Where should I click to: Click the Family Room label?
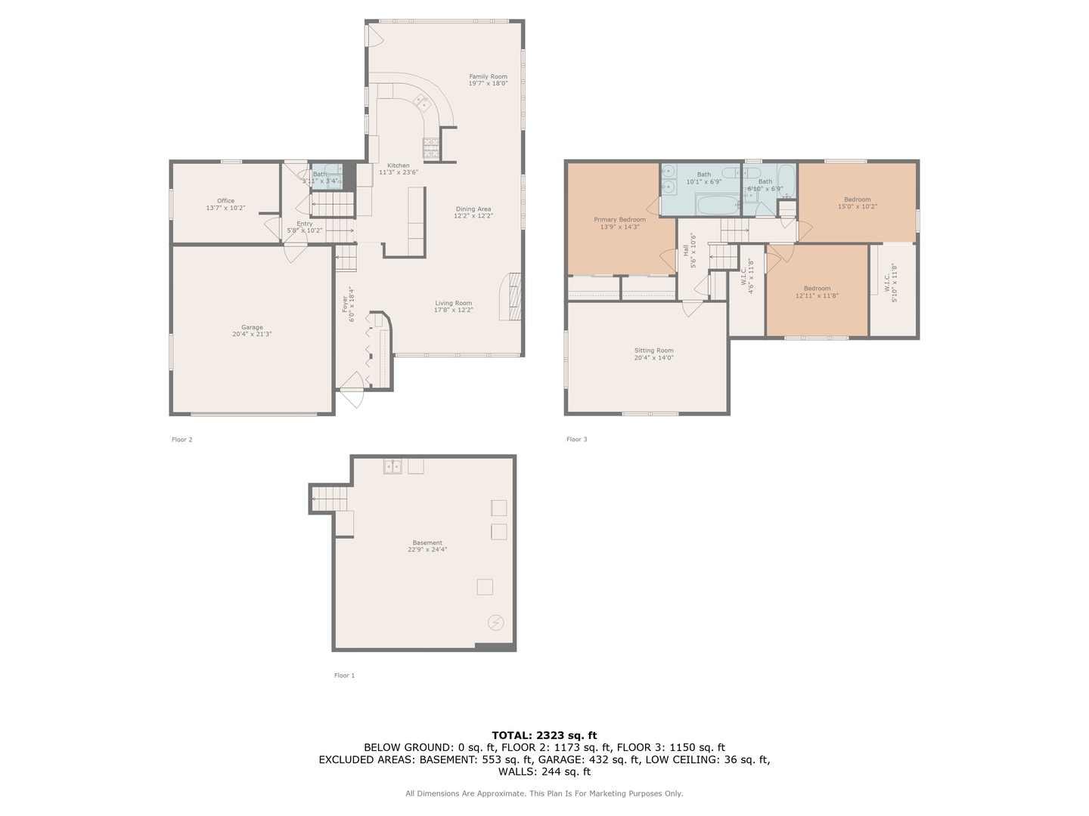488,76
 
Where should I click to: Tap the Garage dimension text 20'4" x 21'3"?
252,334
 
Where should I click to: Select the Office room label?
225,201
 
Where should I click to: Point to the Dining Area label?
473,209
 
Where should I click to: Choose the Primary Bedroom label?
619,220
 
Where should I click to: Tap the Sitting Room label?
653,351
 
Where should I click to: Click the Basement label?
427,542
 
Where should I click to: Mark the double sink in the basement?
392,466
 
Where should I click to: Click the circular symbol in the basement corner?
496,623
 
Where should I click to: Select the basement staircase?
330,499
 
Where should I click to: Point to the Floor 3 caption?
576,439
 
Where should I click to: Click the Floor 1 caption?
344,675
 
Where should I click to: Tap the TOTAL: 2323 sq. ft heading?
544,735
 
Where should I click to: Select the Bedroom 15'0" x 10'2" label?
857,199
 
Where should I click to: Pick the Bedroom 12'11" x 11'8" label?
817,289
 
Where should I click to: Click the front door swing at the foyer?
352,388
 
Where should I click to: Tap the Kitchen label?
399,165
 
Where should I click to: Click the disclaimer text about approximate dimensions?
544,793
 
